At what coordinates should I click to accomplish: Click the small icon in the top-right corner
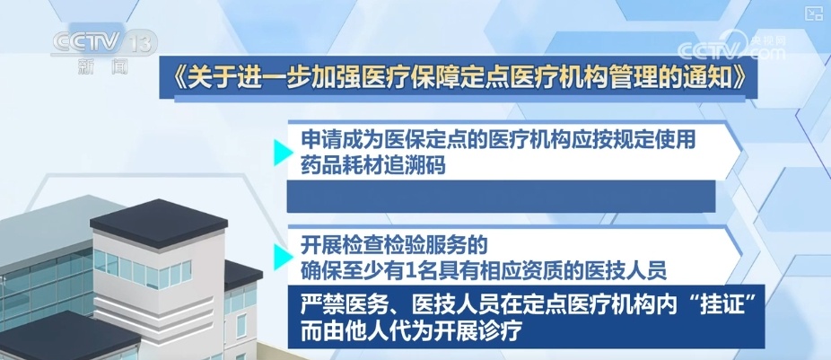814,13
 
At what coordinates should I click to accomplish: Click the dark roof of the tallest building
153,215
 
